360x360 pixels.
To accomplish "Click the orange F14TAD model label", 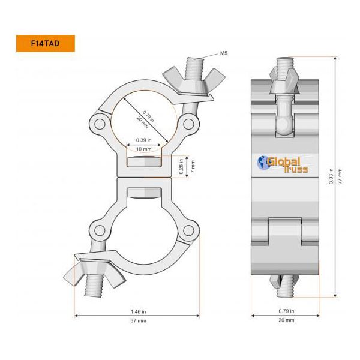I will point(45,43).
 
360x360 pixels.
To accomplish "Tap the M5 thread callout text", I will point(223,53).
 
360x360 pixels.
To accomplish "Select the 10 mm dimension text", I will point(144,148).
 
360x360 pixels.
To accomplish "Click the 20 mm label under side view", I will point(287,320).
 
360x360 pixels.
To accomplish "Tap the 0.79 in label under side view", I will point(287,311).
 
